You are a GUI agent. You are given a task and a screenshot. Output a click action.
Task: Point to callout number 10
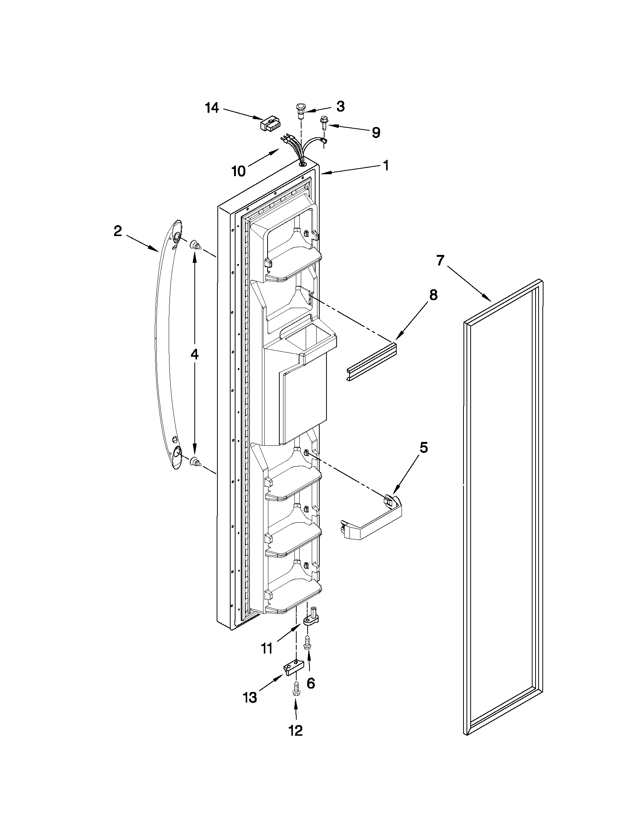coord(239,172)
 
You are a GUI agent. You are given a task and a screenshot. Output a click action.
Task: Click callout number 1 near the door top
coord(386,166)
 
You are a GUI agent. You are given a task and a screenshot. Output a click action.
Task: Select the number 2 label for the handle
coord(118,231)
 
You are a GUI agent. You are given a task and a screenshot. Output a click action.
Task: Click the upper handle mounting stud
coord(195,245)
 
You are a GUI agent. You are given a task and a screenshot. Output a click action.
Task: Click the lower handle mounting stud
coord(195,462)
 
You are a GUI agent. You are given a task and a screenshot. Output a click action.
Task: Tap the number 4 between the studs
coord(194,354)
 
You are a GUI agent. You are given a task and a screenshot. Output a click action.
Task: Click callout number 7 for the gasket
coord(440,261)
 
